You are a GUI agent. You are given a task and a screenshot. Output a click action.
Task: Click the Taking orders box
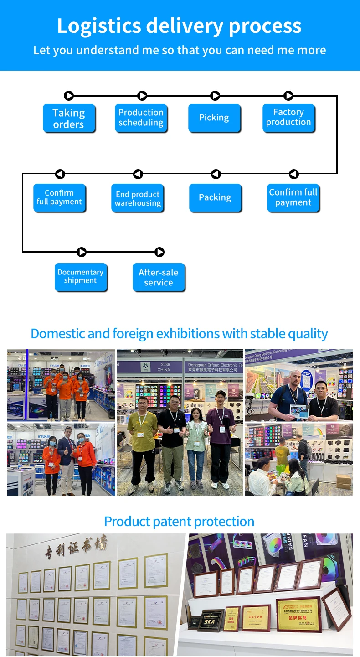[x=69, y=118]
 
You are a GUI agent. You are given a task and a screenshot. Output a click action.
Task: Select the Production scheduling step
[x=141, y=118]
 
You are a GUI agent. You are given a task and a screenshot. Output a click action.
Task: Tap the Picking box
[x=214, y=118]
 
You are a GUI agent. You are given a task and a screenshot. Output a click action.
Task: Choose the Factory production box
[x=288, y=118]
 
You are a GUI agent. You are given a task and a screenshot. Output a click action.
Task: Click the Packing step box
[x=215, y=197]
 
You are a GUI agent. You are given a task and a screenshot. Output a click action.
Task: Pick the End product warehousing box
[x=138, y=198]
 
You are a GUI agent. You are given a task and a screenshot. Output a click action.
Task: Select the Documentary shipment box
[x=81, y=276]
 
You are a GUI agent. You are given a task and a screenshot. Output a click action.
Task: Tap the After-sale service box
[x=159, y=277]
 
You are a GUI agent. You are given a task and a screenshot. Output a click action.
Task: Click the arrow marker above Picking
[x=215, y=96]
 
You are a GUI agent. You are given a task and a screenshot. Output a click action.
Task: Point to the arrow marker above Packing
[x=216, y=174]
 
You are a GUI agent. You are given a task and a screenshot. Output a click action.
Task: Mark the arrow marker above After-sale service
[x=159, y=252]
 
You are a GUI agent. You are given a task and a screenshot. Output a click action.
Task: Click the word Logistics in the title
[x=98, y=26]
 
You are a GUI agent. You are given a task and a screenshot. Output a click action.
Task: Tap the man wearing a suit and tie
[x=67, y=460]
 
